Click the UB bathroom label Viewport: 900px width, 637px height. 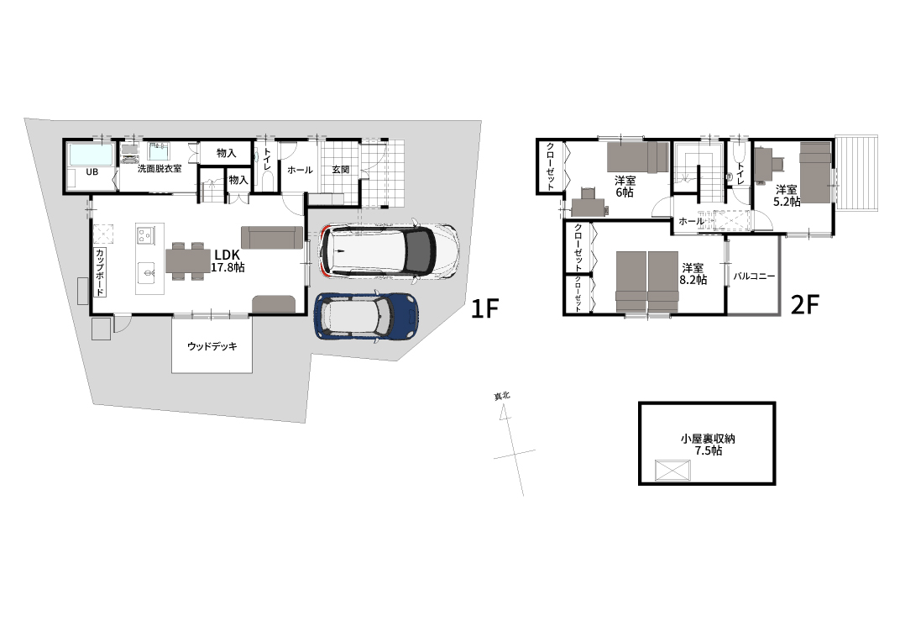tap(92, 171)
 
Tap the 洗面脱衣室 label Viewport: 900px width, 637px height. tap(160, 168)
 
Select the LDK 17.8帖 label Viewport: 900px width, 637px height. tap(228, 261)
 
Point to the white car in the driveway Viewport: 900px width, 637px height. tap(390, 251)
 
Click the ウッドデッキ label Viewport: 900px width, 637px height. tap(212, 346)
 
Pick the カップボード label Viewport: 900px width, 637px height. tap(99, 271)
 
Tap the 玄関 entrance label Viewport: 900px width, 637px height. tap(340, 170)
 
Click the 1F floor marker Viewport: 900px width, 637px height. tap(484, 308)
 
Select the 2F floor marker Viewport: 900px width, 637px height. tap(804, 305)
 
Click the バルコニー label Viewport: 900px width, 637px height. tap(754, 276)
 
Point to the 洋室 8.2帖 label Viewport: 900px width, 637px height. tap(693, 274)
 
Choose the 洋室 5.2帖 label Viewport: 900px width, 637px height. tap(787, 195)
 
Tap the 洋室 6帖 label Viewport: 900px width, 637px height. tap(625, 186)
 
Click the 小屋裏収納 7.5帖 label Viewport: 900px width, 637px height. tap(708, 445)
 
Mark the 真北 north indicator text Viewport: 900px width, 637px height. tap(502, 396)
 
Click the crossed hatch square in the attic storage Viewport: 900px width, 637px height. tap(672, 471)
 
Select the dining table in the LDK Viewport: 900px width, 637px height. tap(188, 261)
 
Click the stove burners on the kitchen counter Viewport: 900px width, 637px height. tap(145, 235)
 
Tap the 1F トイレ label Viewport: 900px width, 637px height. tap(267, 159)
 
